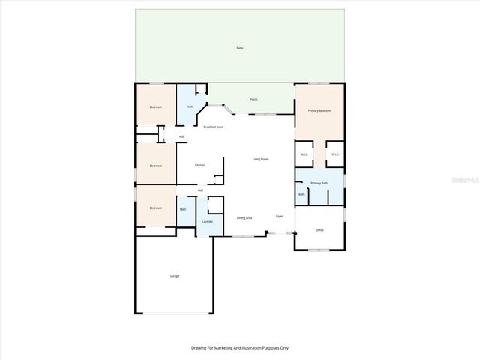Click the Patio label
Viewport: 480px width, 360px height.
click(240, 48)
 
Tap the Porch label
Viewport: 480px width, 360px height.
click(253, 99)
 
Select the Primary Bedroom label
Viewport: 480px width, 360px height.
click(319, 110)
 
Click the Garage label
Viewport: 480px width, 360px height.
click(174, 276)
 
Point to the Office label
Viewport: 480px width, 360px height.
click(319, 230)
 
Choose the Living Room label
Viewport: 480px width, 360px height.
click(260, 159)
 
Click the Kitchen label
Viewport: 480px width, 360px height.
click(200, 165)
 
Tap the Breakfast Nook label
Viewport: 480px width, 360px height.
click(214, 127)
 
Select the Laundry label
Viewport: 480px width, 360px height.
click(208, 221)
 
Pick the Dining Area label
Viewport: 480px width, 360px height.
click(244, 217)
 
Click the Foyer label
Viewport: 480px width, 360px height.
click(280, 216)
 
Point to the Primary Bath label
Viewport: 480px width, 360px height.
click(319, 183)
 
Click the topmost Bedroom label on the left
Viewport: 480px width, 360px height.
click(155, 107)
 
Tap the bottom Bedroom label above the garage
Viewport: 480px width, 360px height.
click(155, 208)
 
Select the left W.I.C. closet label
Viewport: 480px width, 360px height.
click(304, 154)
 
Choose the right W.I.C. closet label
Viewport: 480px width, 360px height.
click(335, 154)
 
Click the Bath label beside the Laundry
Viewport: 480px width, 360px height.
click(183, 209)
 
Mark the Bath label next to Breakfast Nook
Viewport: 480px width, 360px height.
click(190, 107)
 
